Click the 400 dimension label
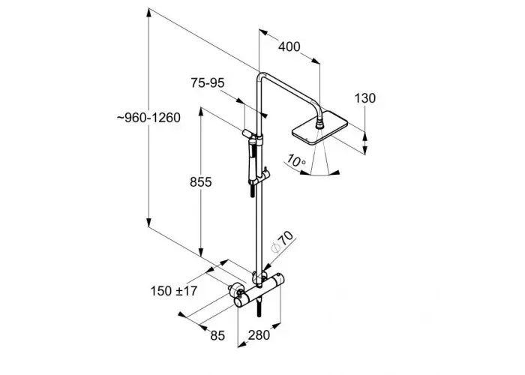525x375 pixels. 289,46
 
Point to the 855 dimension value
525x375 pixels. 200,181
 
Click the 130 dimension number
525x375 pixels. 364,98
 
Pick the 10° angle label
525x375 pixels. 295,160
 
